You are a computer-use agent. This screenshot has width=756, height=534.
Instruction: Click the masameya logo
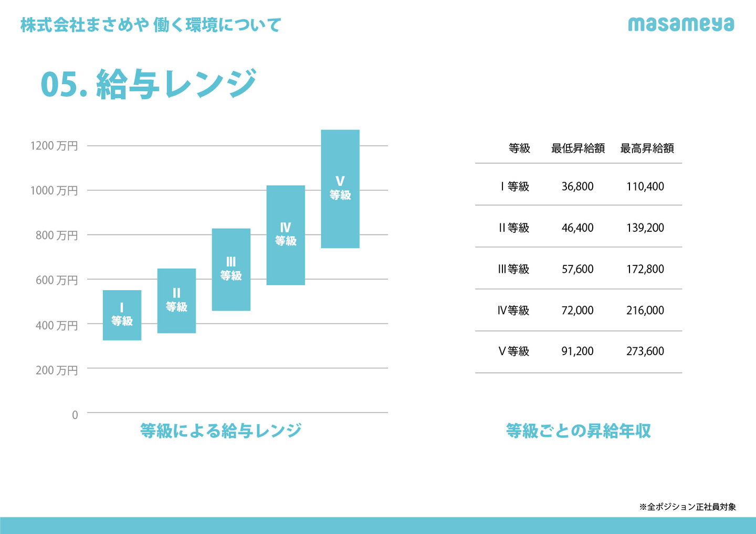tap(681, 24)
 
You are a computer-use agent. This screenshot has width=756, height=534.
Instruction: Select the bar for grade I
tap(122, 315)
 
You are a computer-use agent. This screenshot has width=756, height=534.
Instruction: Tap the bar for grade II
tap(176, 301)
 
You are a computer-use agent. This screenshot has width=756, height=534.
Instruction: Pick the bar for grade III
tap(231, 269)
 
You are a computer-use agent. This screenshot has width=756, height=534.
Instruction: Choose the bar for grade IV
tap(286, 235)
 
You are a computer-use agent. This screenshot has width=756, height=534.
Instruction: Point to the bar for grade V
tap(340, 189)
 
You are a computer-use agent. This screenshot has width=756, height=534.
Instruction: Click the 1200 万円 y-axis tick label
tap(54, 146)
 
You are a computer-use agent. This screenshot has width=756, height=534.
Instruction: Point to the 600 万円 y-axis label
tap(57, 280)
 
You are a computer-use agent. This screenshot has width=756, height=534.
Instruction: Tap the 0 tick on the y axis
tap(75, 415)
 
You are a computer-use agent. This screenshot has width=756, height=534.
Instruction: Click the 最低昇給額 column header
tap(577, 148)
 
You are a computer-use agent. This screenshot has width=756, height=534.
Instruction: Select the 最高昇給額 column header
tap(647, 148)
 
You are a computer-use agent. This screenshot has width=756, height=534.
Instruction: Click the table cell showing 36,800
tap(577, 186)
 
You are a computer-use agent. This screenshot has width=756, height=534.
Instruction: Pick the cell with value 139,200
tap(645, 228)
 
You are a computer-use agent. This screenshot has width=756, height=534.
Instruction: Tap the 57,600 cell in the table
tap(577, 269)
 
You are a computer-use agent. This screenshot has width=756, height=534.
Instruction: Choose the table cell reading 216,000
tap(645, 310)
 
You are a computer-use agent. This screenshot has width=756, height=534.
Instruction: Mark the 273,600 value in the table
tap(645, 351)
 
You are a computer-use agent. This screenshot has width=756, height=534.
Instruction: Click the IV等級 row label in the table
tap(513, 310)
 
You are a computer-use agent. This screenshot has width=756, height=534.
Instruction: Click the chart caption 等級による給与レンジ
tap(220, 431)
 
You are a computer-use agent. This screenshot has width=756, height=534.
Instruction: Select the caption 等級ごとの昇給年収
tap(578, 431)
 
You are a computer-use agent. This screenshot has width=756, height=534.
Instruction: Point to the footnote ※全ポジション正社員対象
tap(687, 507)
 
